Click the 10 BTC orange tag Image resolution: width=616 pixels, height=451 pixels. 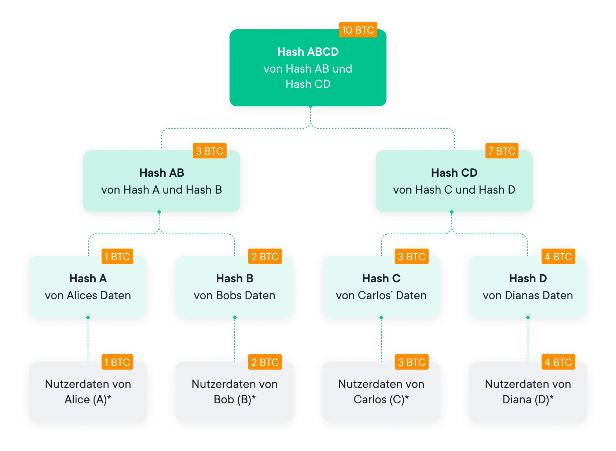[x=358, y=30]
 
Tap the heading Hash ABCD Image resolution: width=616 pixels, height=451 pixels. [x=308, y=52]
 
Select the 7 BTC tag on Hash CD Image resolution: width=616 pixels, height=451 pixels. [x=502, y=151]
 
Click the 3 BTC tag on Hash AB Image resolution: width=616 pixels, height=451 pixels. [x=209, y=151]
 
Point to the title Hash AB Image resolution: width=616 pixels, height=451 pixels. [x=161, y=173]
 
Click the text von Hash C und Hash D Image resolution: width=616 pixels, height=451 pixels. [x=454, y=190]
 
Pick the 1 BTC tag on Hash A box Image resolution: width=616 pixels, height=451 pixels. [x=117, y=257]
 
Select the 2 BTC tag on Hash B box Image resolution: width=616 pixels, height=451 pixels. [x=265, y=257]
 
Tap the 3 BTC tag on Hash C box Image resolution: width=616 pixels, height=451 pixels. [x=411, y=257]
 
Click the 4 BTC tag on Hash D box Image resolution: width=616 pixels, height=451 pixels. [x=558, y=257]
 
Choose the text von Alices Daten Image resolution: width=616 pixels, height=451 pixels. [x=88, y=296]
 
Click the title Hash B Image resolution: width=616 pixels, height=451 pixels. [x=235, y=279]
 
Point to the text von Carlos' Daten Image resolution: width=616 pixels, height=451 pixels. [x=381, y=296]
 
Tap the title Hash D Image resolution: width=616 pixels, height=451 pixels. [x=528, y=279]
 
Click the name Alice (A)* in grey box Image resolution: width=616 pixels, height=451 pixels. [x=88, y=400]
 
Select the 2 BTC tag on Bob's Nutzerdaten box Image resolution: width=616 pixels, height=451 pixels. [x=265, y=362]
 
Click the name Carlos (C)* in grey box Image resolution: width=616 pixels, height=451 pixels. [x=381, y=400]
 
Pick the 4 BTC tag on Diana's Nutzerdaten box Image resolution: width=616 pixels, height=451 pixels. [x=558, y=362]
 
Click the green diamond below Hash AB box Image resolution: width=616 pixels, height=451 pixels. [x=159, y=212]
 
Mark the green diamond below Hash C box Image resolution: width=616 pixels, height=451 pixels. [x=381, y=318]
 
